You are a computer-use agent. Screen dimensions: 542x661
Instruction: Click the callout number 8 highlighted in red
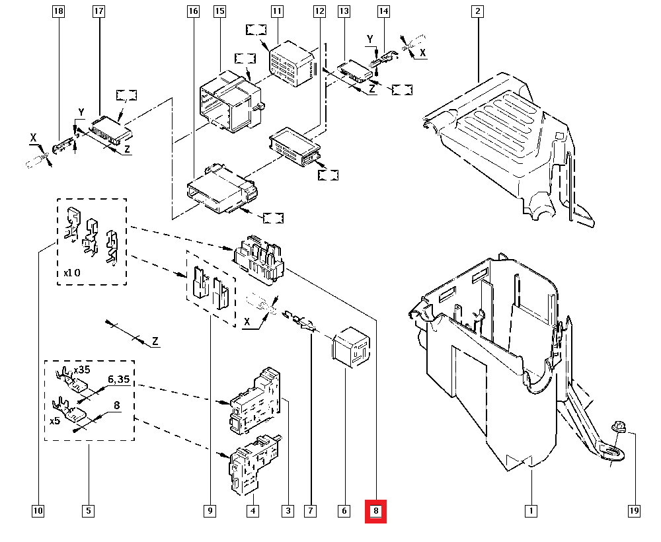pos(375,511)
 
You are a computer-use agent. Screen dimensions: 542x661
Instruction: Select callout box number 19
pos(634,511)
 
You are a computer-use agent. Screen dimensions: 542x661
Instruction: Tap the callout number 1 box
pos(531,511)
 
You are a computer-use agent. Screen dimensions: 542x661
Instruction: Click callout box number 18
pos(58,12)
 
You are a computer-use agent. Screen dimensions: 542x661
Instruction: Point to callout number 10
pos(37,511)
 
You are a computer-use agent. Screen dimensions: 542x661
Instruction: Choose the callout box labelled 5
pos(88,511)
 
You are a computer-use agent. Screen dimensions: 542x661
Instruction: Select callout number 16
pos(192,12)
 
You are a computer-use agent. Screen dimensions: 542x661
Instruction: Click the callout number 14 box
pos(384,12)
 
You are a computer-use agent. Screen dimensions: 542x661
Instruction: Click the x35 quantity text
pos(82,369)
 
